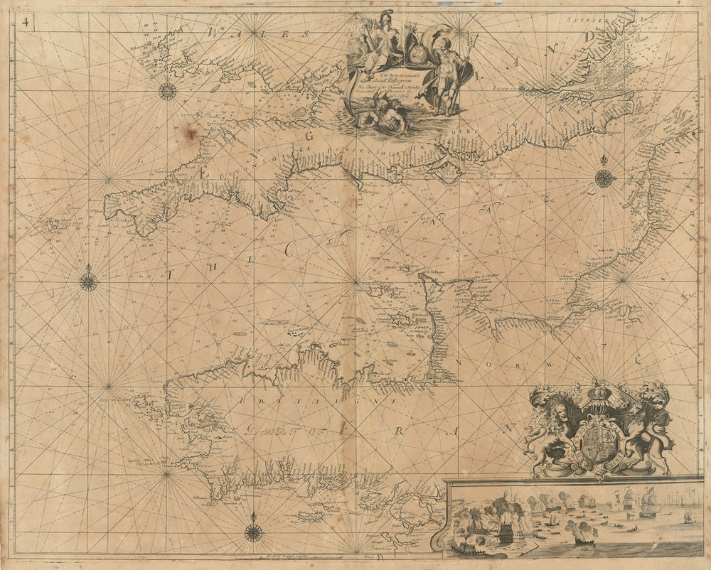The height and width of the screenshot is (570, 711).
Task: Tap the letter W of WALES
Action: pyautogui.click(x=213, y=32)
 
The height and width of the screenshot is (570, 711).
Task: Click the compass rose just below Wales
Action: pyautogui.click(x=167, y=91)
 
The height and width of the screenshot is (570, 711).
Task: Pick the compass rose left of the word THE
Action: pyautogui.click(x=88, y=281)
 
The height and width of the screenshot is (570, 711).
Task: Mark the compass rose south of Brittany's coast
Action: pyautogui.click(x=253, y=532)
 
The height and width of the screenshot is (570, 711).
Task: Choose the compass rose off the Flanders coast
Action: pyautogui.click(x=604, y=178)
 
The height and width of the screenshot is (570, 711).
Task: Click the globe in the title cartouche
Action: pyautogui.click(x=416, y=54)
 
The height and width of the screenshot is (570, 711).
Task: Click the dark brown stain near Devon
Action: pyautogui.click(x=190, y=133)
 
